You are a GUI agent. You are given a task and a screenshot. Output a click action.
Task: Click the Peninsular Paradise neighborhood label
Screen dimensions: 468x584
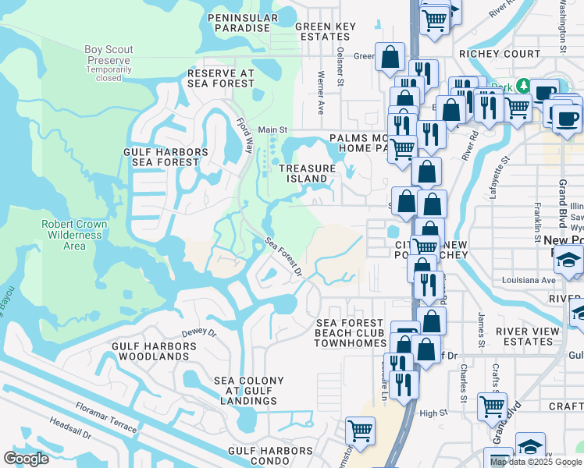pos(242,23)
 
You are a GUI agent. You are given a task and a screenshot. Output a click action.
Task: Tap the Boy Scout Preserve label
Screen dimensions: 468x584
pos(108,60)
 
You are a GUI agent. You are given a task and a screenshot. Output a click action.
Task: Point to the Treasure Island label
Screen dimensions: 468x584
pos(308,173)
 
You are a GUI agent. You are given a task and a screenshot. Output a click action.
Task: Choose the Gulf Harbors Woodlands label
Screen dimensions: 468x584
pos(150,350)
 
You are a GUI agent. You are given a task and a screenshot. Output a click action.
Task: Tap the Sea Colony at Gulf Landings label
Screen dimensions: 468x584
pos(249,391)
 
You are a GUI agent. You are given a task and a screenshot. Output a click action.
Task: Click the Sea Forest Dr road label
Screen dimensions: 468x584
pos(283,257)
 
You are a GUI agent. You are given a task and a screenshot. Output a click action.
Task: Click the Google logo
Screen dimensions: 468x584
pos(27,459)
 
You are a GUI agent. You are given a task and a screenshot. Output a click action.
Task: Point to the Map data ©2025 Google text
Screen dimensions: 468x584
pos(536,462)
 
